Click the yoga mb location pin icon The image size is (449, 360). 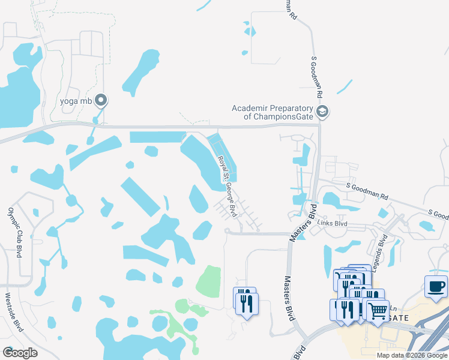101,100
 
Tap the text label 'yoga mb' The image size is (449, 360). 76,101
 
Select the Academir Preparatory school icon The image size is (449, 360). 323,112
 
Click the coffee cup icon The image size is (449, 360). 435,286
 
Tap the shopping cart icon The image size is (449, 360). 378,310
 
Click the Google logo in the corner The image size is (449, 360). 20,352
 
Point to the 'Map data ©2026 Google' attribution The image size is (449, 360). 412,355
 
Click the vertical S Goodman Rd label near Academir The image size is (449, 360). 316,79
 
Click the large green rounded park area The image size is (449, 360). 209,281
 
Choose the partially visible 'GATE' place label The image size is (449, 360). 399,317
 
